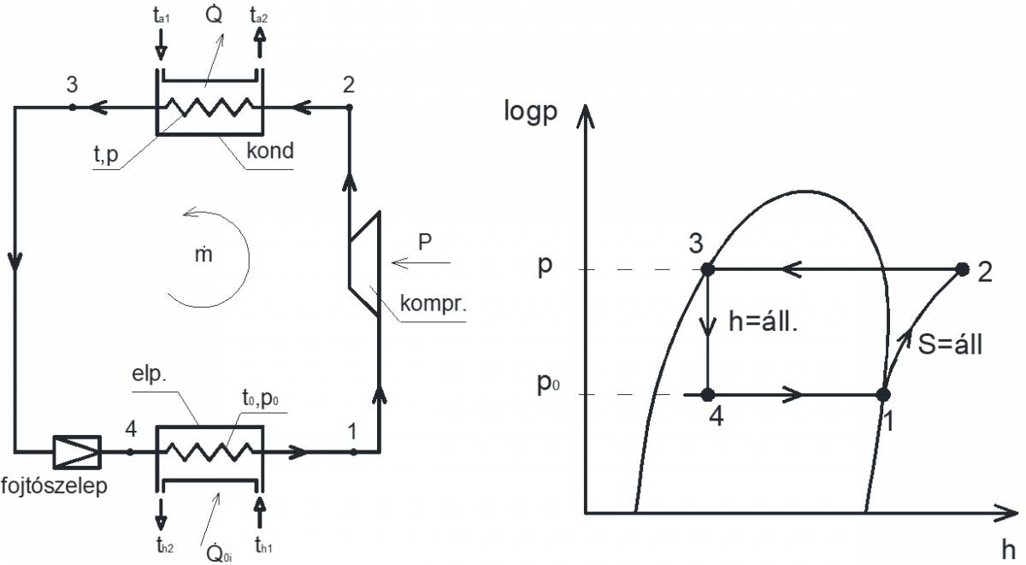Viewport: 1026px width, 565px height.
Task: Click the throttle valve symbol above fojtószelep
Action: pos(77,451)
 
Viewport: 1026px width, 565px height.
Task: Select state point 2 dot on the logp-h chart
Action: pos(962,269)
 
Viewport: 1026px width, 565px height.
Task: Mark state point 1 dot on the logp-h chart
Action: pos(883,395)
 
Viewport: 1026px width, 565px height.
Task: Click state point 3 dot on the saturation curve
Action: pos(708,269)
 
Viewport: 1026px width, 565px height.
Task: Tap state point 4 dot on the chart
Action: pos(708,395)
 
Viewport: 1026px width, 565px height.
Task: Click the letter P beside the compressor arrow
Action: pos(424,241)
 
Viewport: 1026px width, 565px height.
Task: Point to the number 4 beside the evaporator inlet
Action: pos(131,427)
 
